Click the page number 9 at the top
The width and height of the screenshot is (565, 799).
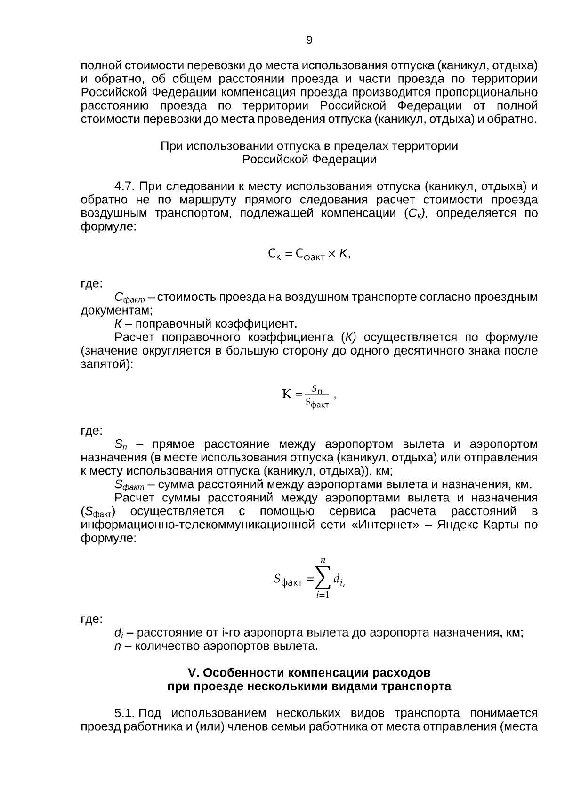(309, 40)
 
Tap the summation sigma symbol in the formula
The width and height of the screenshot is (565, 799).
(323, 578)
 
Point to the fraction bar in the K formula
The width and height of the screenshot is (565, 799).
(317, 395)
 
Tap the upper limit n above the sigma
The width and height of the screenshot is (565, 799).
(323, 560)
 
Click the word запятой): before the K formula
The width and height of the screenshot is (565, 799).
(107, 364)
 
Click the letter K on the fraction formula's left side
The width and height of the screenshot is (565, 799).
(286, 395)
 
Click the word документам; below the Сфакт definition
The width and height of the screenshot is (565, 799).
(117, 310)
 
